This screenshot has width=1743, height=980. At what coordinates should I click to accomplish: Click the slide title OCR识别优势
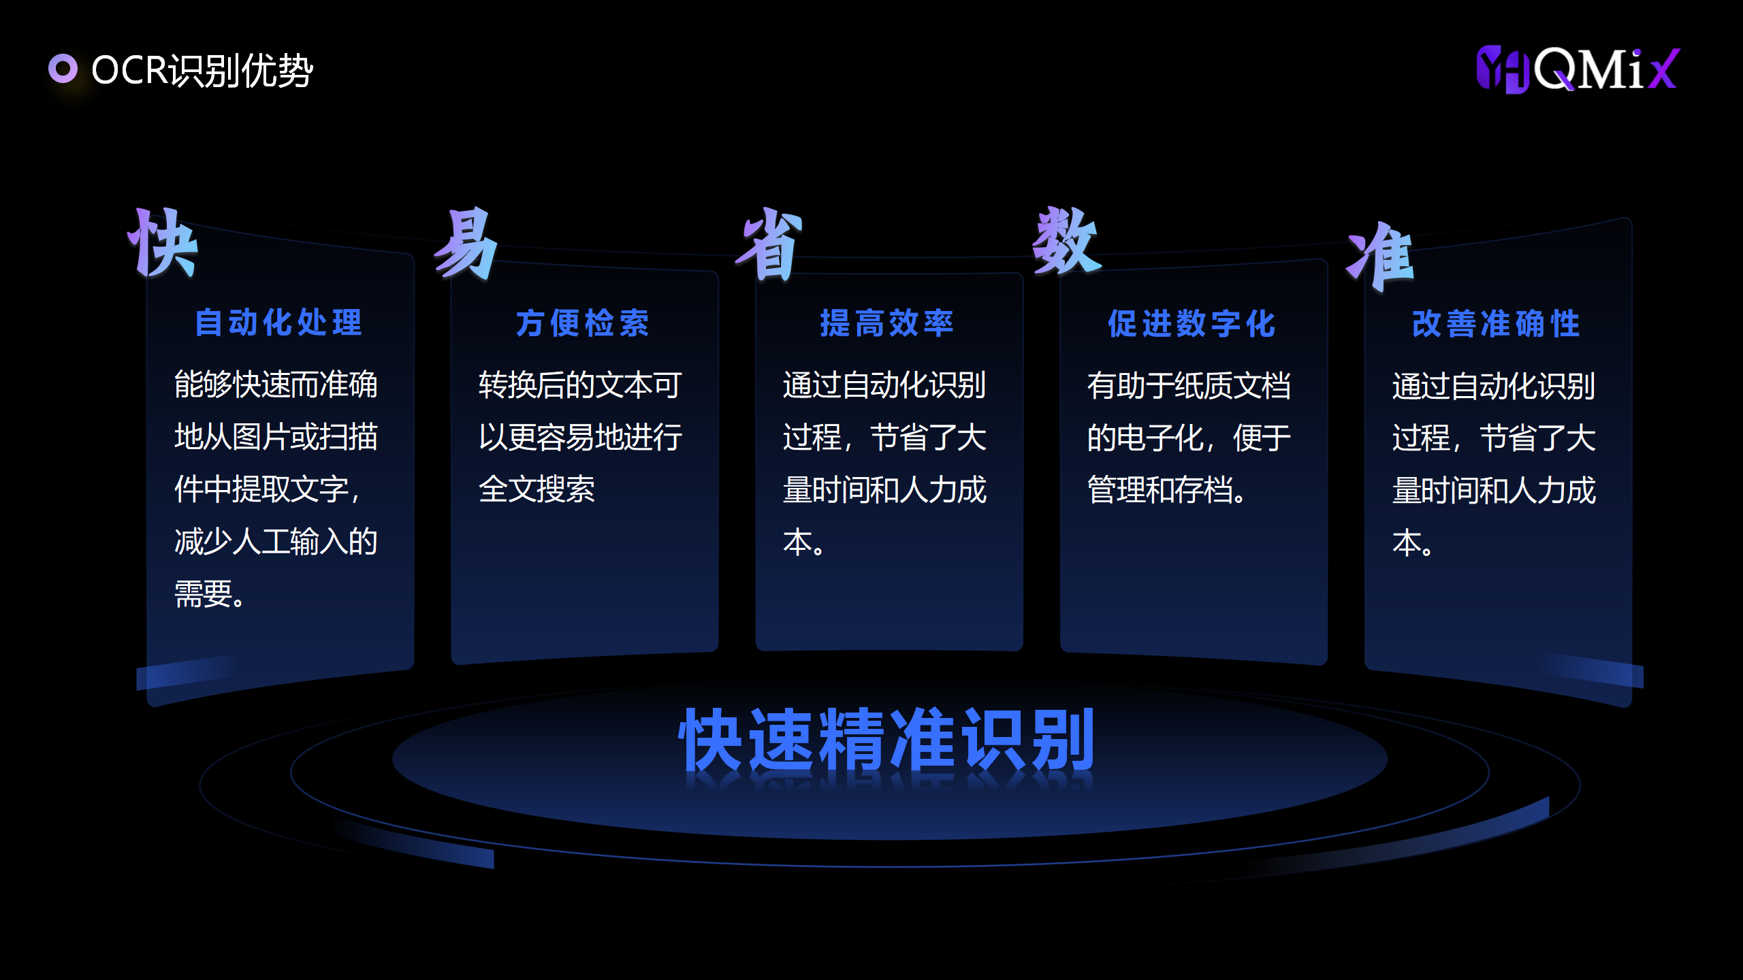click(x=202, y=70)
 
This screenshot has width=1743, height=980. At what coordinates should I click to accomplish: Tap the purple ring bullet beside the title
click(x=63, y=69)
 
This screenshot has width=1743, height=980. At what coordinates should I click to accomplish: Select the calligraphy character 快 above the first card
click(x=163, y=243)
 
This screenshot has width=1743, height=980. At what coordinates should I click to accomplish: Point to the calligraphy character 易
click(x=466, y=243)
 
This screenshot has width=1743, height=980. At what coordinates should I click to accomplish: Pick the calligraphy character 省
click(x=769, y=243)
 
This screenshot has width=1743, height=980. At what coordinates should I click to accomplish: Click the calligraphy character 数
click(x=1067, y=240)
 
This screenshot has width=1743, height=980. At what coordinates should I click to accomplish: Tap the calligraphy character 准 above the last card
click(x=1380, y=257)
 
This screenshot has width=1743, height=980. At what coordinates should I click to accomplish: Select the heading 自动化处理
click(x=278, y=323)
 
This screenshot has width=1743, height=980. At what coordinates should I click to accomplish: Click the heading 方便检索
click(x=583, y=323)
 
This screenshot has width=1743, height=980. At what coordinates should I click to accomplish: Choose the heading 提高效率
click(x=887, y=323)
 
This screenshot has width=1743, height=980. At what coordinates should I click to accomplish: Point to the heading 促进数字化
click(x=1192, y=324)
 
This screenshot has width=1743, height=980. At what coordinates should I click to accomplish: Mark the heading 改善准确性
click(x=1496, y=324)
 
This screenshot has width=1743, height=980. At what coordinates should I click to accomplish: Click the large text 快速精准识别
click(x=887, y=739)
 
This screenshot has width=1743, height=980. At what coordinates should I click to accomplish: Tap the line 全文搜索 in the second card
click(x=537, y=489)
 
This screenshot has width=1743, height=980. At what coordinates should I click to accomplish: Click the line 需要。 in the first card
click(x=210, y=594)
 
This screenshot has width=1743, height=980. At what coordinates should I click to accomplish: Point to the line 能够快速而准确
click(x=276, y=385)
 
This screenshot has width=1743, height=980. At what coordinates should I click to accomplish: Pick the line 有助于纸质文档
click(x=1189, y=386)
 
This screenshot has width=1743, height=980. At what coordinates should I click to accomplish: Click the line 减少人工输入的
click(x=276, y=542)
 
